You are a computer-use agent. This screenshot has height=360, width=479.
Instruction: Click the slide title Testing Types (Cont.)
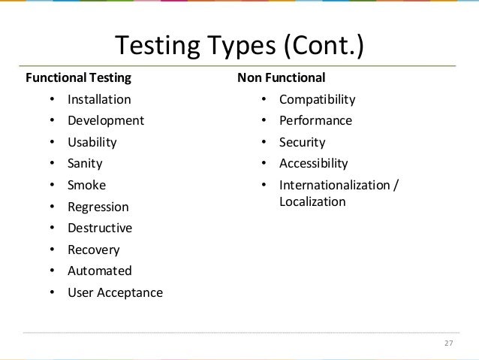[x=239, y=46]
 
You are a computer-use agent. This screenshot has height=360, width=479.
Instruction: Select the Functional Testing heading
[x=79, y=77]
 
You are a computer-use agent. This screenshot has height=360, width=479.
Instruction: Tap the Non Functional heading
[x=281, y=77]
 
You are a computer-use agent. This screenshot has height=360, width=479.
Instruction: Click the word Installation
[x=99, y=99]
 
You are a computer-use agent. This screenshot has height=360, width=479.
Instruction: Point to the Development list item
[x=105, y=120]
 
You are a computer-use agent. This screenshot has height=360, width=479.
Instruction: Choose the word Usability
[x=92, y=142]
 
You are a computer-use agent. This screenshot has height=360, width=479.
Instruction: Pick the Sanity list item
[x=85, y=163]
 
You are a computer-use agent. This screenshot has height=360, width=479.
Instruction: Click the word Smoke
[x=87, y=185]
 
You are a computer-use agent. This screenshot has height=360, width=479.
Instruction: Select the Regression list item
[x=98, y=207]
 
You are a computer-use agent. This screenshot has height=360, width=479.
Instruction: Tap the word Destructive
[x=100, y=228]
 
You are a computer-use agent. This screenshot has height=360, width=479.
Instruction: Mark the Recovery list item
[x=94, y=250]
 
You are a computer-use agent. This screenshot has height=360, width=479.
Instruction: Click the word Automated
[x=100, y=271]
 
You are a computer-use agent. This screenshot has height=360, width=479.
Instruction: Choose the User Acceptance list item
[x=115, y=292]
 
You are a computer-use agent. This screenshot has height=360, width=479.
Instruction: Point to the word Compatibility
[x=318, y=99]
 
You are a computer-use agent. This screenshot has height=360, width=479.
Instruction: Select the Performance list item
[x=315, y=120]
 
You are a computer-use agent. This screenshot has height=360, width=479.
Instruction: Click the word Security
[x=302, y=142]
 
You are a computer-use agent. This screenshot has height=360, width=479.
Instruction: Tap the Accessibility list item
[x=313, y=163]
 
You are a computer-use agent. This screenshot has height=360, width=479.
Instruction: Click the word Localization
[x=312, y=201]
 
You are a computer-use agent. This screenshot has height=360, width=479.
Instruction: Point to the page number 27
[x=449, y=344]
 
